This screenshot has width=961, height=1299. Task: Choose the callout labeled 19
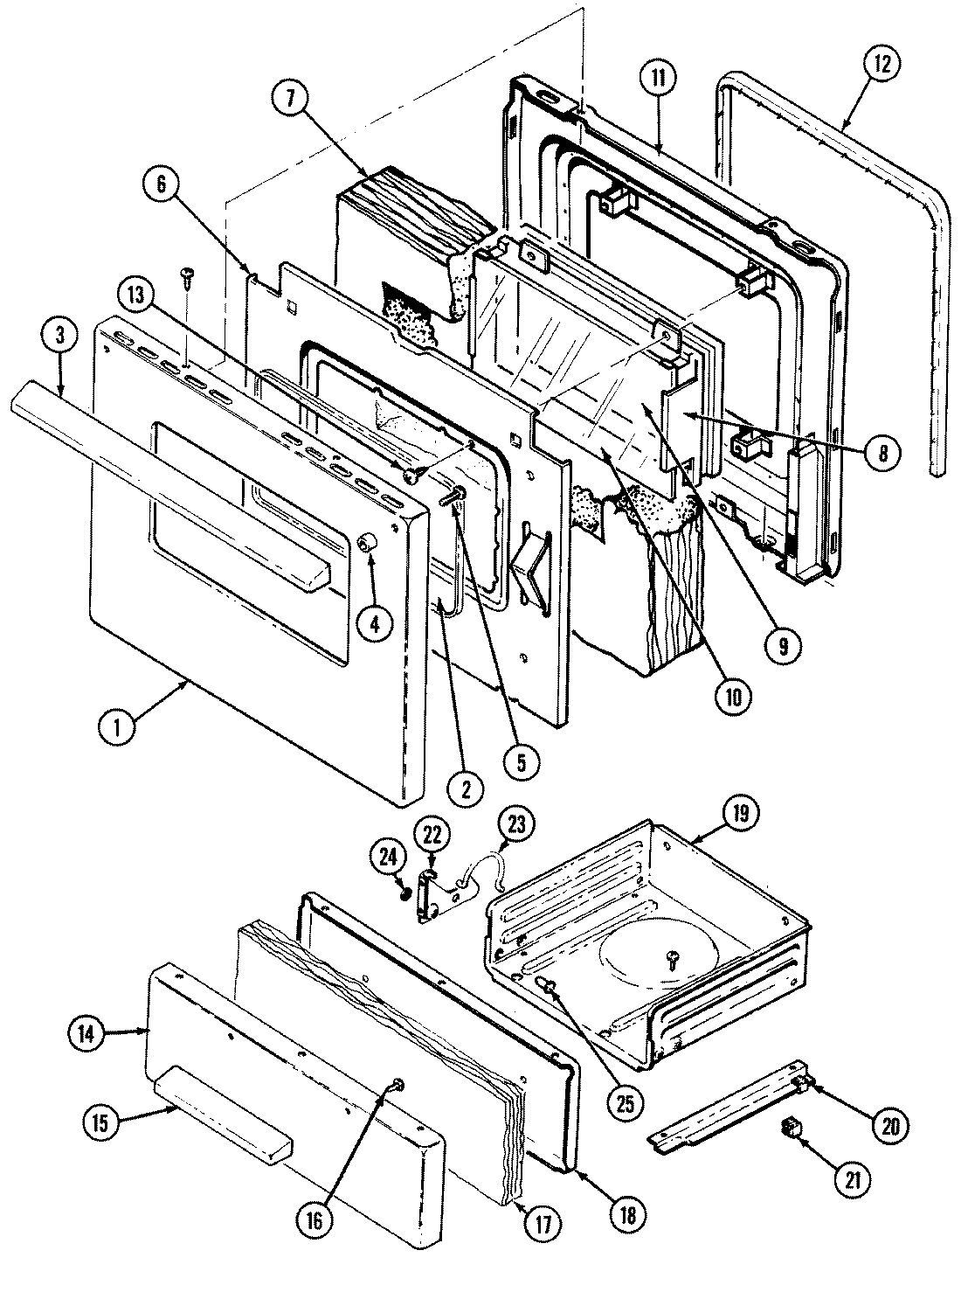pos(740,812)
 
